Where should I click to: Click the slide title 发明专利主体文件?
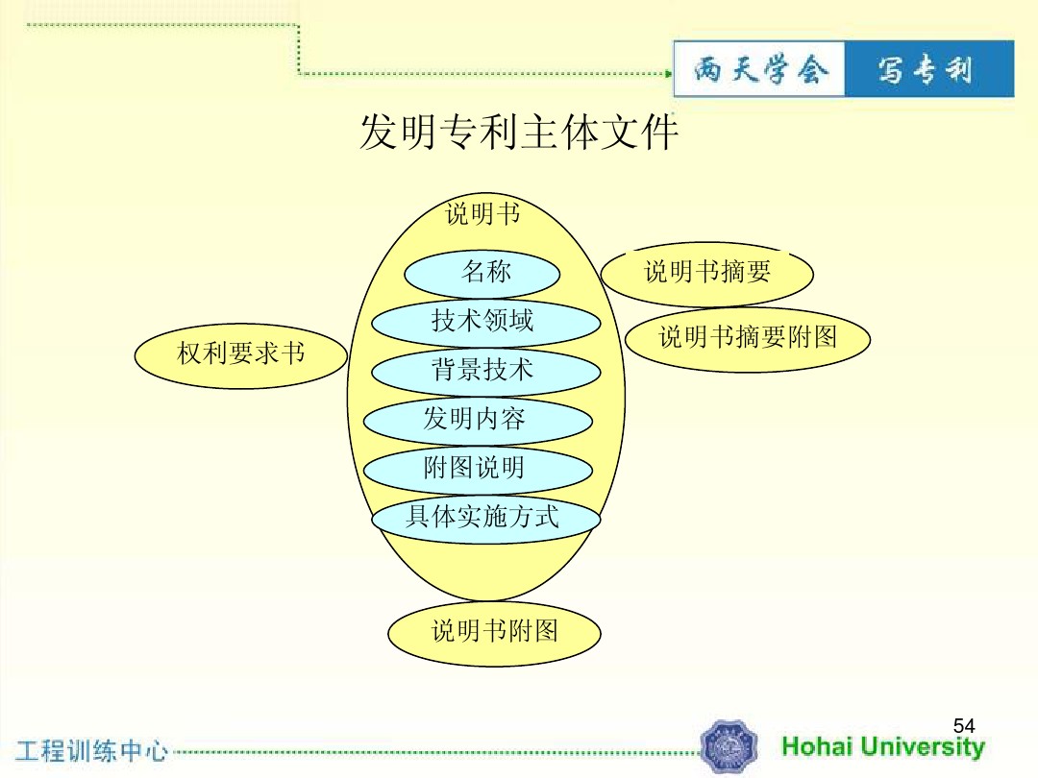pyautogui.click(x=518, y=132)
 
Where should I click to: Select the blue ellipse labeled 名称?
pyautogui.click(x=482, y=273)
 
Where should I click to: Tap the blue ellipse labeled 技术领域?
pyautogui.click(x=486, y=323)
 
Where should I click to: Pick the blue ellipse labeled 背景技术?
pyautogui.click(x=486, y=371)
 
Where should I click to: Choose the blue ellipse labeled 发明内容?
pyautogui.click(x=478, y=421)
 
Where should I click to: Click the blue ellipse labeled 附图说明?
pyautogui.click(x=478, y=470)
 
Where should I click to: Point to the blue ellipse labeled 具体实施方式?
pyautogui.click(x=486, y=519)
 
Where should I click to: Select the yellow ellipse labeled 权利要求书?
pyautogui.click(x=241, y=355)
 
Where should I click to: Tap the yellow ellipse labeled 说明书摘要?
pyautogui.click(x=707, y=273)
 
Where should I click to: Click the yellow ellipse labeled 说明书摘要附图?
pyautogui.click(x=748, y=339)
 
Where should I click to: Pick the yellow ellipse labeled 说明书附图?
pyautogui.click(x=495, y=633)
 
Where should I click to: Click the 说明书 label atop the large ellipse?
pyautogui.click(x=482, y=213)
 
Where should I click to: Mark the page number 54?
pyautogui.click(x=964, y=726)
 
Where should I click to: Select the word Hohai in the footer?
pyautogui.click(x=816, y=746)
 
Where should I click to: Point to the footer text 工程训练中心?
pyautogui.click(x=91, y=751)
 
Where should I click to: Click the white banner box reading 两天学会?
pyautogui.click(x=759, y=69)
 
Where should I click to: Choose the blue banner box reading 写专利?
pyautogui.click(x=929, y=69)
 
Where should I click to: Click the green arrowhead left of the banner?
pyautogui.click(x=669, y=73)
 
